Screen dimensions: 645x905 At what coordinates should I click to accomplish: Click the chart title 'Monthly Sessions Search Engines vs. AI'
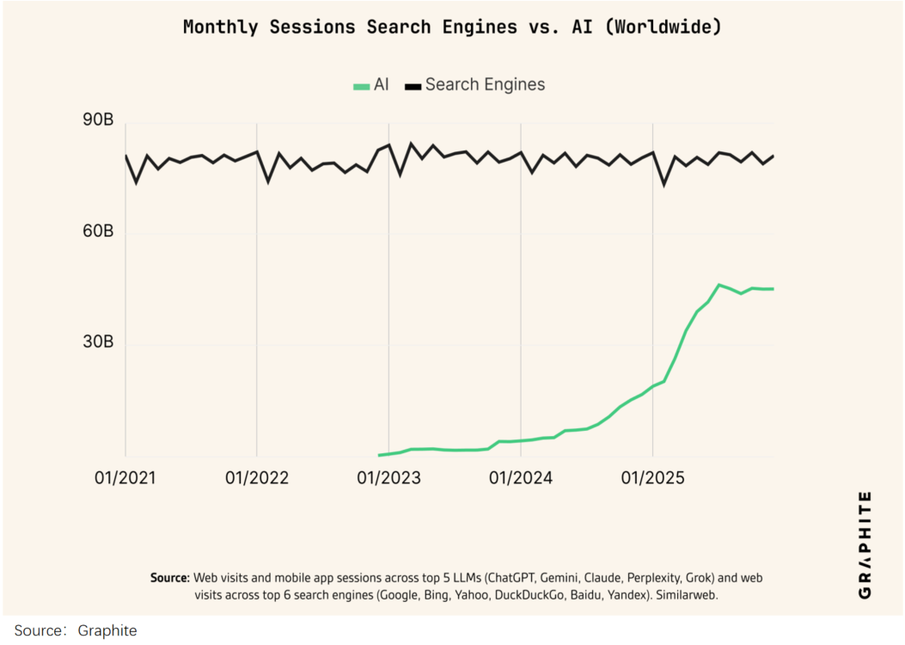coord(452,27)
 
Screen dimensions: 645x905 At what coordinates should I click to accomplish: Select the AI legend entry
coord(371,84)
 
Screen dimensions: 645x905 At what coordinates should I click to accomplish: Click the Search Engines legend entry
coord(475,84)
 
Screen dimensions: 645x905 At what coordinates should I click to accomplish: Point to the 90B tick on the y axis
coord(97,121)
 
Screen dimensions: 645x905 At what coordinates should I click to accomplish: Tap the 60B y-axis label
coord(97,232)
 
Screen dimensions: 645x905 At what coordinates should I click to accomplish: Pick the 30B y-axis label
coord(97,342)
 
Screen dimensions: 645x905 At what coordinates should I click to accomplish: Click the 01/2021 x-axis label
coord(125,477)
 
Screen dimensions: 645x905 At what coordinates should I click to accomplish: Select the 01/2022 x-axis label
coord(257,477)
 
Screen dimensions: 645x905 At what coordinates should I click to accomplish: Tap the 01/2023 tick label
coord(388,477)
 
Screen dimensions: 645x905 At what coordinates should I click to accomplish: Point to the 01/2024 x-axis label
coord(521,477)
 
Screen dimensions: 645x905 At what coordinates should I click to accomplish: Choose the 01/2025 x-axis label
coord(652,477)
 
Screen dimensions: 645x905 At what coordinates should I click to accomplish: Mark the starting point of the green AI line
coord(379,455)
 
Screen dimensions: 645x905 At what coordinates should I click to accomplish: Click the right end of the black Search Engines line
coord(773,156)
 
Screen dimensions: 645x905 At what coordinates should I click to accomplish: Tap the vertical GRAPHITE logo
coord(865,544)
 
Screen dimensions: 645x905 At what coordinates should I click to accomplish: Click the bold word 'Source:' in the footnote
coord(169,577)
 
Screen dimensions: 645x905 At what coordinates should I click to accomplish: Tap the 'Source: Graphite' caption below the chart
coord(76,630)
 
